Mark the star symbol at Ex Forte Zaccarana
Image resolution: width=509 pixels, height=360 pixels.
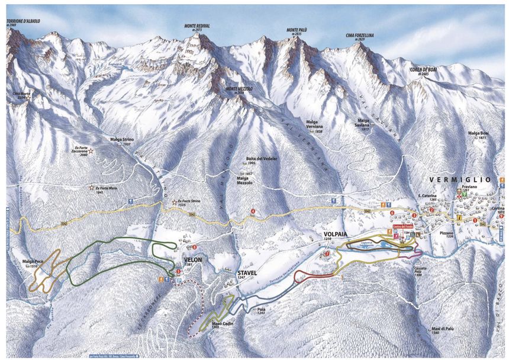(x=91, y=152)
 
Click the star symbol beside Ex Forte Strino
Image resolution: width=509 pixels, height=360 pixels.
(x=174, y=202)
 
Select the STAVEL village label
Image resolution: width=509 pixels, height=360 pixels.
(x=246, y=272)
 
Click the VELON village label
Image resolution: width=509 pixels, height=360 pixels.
(x=194, y=259)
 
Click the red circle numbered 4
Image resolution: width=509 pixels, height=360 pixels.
(x=253, y=211)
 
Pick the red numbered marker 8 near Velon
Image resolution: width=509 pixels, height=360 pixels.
(x=194, y=247)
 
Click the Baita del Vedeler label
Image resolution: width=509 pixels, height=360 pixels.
(x=262, y=159)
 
